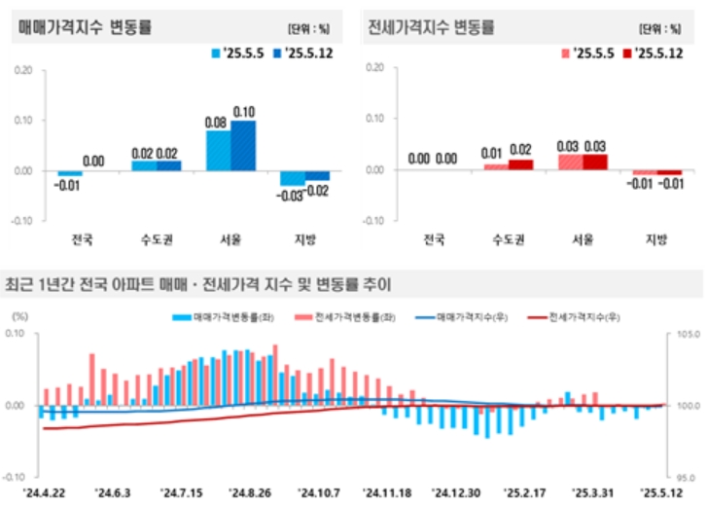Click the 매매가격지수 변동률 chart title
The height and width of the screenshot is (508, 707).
(x=85, y=27)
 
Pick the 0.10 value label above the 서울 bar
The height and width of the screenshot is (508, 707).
(x=244, y=111)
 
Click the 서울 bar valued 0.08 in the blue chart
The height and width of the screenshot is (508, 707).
(x=218, y=147)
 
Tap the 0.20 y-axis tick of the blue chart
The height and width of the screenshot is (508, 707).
(x=23, y=70)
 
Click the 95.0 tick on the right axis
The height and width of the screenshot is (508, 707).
(x=686, y=478)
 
